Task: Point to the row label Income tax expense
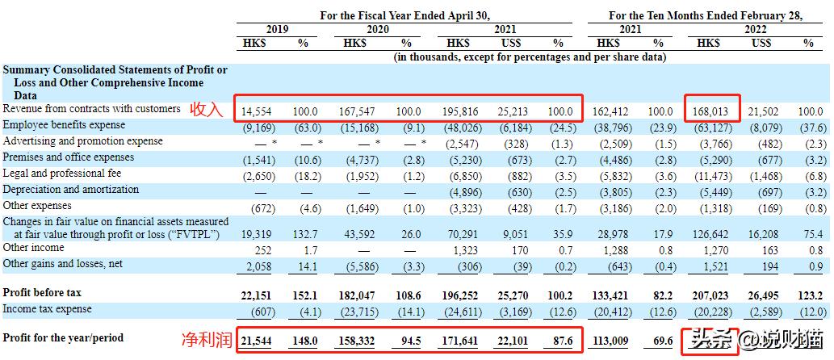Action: pos(48,309)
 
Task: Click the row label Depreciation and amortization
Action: pos(71,190)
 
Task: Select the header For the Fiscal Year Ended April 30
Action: pos(404,15)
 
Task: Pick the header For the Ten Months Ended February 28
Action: pos(705,15)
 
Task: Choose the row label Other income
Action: pos(33,248)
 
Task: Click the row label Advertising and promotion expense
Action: pos(82,141)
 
